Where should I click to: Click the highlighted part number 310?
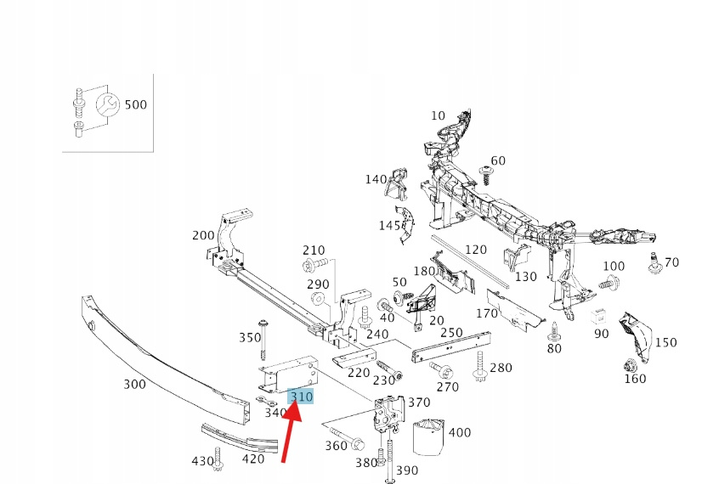302,397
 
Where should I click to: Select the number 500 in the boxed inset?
136,104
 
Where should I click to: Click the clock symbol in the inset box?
106,105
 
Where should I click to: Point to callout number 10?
438,115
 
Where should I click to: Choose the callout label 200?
204,235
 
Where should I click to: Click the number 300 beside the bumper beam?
134,385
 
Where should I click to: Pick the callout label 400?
459,432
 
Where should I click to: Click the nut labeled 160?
631,368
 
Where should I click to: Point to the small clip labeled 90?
597,316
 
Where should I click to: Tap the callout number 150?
666,342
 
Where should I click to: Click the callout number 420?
254,460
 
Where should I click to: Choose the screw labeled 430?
218,464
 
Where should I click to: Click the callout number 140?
376,179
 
